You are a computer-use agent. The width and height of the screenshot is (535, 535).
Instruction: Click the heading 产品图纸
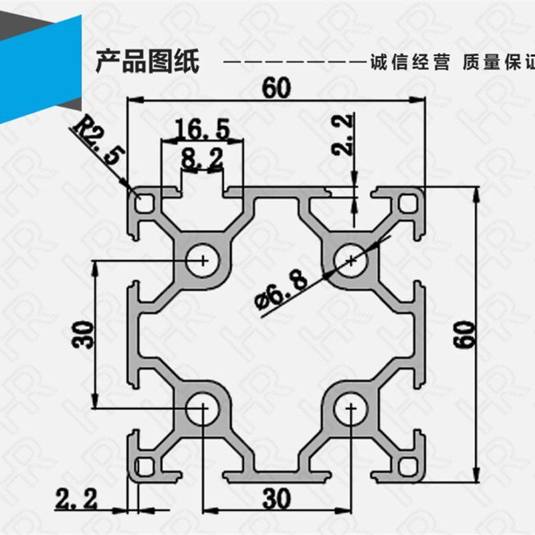[147, 62]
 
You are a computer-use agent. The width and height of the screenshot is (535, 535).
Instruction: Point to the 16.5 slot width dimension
[202, 127]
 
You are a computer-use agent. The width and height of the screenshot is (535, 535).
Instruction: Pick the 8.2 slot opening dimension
[201, 158]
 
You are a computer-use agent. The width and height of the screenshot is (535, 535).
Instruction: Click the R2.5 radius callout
[98, 140]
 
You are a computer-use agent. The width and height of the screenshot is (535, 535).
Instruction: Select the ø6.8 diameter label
[282, 293]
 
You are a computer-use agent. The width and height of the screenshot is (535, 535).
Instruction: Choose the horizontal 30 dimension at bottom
[277, 498]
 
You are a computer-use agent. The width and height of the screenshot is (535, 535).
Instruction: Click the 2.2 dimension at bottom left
[76, 498]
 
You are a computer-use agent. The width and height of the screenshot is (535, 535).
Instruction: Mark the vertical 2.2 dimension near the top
[342, 135]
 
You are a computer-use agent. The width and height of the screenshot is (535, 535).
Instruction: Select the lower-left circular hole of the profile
[200, 407]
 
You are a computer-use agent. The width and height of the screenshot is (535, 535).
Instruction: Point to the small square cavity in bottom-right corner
[407, 465]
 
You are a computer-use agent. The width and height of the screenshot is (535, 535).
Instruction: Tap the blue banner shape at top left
[40, 67]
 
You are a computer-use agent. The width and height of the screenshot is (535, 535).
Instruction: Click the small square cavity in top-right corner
[407, 203]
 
